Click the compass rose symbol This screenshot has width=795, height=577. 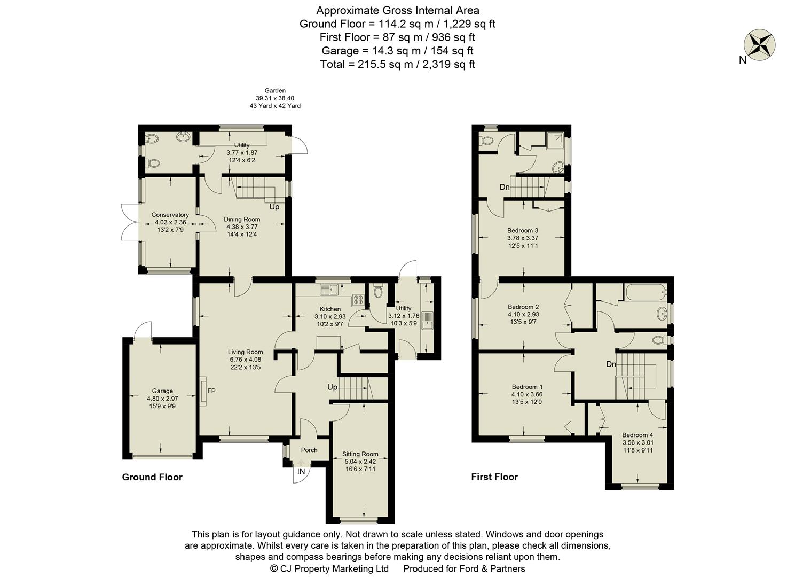(x=760, y=44)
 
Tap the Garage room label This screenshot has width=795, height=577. (x=162, y=391)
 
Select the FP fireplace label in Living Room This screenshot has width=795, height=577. (x=211, y=391)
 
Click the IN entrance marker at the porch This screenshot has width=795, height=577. (x=301, y=471)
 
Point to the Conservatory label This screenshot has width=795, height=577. (x=170, y=215)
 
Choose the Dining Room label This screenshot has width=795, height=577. (x=242, y=219)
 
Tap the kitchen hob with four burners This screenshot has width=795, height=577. (x=357, y=301)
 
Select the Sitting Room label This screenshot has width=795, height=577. (x=360, y=454)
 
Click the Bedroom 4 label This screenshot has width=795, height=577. (x=637, y=435)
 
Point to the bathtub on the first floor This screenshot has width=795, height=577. (x=646, y=292)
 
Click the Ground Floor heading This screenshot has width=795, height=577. (x=152, y=477)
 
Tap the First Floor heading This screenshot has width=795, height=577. (x=494, y=477)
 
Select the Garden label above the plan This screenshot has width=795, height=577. (x=275, y=91)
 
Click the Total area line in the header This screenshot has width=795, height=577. (x=397, y=64)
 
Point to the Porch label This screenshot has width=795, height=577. (x=309, y=450)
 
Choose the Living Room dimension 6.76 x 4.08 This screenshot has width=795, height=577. (x=246, y=360)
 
